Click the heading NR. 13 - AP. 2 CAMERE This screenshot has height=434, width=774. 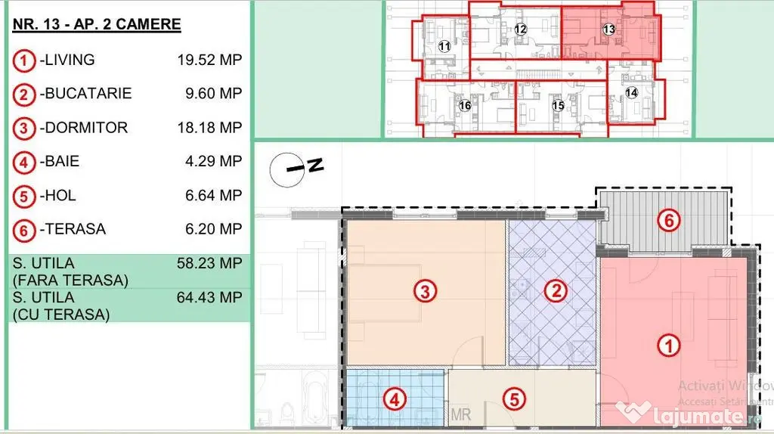97,24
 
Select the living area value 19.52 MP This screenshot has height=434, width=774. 210,60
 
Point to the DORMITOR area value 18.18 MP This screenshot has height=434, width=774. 210,127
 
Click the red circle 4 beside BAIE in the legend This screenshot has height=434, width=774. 23,163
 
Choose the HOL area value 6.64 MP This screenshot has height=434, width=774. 214,195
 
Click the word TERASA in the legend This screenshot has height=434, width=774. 75,229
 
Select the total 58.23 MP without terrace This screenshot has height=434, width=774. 210,263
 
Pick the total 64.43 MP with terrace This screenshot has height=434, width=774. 210,297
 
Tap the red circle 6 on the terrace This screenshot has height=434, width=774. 669,220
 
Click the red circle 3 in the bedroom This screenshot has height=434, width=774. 425,291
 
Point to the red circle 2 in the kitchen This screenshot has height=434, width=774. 556,291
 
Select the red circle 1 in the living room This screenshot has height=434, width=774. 669,345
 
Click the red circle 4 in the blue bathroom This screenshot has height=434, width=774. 395,399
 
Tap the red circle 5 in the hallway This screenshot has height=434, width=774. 514,399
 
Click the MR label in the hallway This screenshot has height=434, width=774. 460,415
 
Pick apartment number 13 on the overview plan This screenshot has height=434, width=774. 608,29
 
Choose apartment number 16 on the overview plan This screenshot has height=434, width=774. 465,105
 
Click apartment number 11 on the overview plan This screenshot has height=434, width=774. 444,46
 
